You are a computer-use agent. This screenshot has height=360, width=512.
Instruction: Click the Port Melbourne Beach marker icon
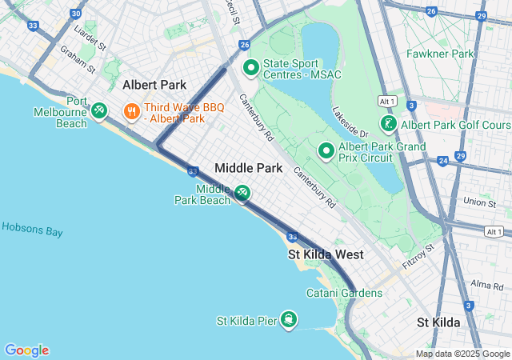99,110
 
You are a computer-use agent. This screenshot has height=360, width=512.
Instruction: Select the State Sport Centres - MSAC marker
250,69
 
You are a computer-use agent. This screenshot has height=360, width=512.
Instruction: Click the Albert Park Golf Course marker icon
388,124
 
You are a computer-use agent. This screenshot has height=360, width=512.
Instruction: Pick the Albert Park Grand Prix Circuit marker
326,150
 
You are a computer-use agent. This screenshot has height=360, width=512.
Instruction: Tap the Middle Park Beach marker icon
242,194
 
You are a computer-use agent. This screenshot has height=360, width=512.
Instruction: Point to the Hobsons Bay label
32,229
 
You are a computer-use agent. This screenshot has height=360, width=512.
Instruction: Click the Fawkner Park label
439,54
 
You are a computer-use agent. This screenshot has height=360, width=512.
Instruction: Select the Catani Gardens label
344,293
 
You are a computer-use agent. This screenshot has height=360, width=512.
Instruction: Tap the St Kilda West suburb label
326,254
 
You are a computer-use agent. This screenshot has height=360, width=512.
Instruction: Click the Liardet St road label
90,38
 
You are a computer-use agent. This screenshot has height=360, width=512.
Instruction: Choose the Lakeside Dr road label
350,122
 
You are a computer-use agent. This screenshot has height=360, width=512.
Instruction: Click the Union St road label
479,204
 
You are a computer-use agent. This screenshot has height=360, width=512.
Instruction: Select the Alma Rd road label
487,285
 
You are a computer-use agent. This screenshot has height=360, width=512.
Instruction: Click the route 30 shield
75,14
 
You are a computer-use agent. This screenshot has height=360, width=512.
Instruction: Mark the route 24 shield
442,161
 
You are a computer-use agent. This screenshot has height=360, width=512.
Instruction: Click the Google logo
26,350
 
